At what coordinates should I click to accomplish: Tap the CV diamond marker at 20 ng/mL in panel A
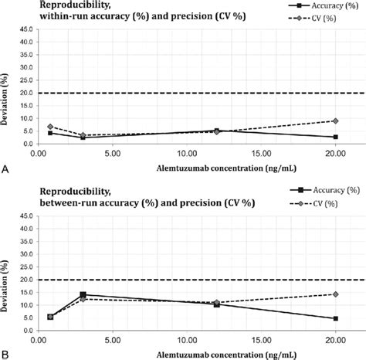click(x=335, y=121)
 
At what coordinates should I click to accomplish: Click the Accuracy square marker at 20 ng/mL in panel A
click(x=335, y=138)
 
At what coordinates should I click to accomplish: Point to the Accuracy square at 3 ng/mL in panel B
click(x=83, y=294)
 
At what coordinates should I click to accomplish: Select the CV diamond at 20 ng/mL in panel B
click(x=335, y=294)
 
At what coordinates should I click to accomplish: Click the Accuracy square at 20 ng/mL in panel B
click(x=335, y=318)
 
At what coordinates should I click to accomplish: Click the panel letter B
click(x=5, y=353)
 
